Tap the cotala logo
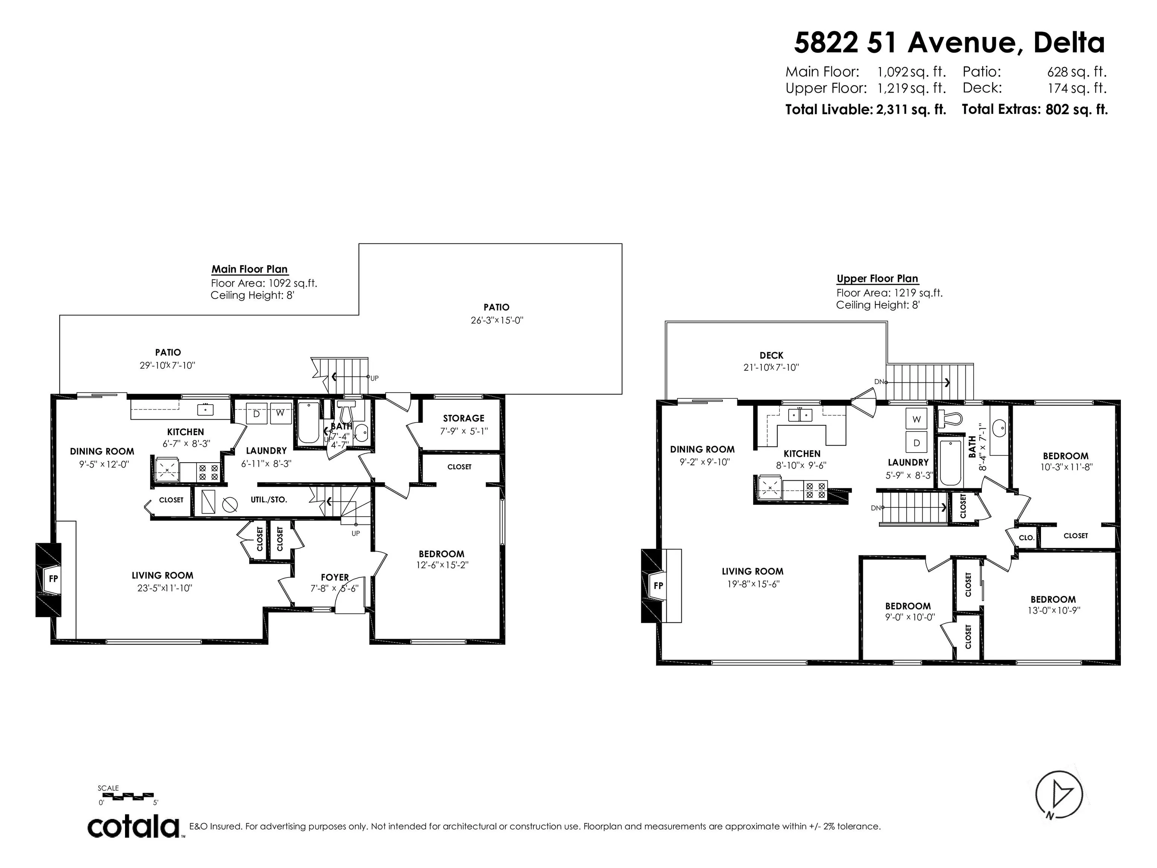pyautogui.click(x=134, y=827)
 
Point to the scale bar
pyautogui.click(x=125, y=797)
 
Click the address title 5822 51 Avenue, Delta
pyautogui.click(x=949, y=42)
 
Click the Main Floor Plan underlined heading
pyautogui.click(x=249, y=269)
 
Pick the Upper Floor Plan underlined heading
pyautogui.click(x=877, y=279)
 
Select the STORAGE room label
pyautogui.click(x=463, y=418)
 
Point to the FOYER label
pyautogui.click(x=335, y=577)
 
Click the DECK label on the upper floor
pyautogui.click(x=771, y=355)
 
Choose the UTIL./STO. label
pyautogui.click(x=269, y=500)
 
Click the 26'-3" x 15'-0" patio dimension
pyautogui.click(x=496, y=320)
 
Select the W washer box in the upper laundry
pyautogui.click(x=916, y=419)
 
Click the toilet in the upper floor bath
pyautogui.click(x=949, y=419)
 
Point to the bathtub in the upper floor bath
pyautogui.click(x=950, y=463)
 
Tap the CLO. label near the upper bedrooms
pyautogui.click(x=1026, y=537)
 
